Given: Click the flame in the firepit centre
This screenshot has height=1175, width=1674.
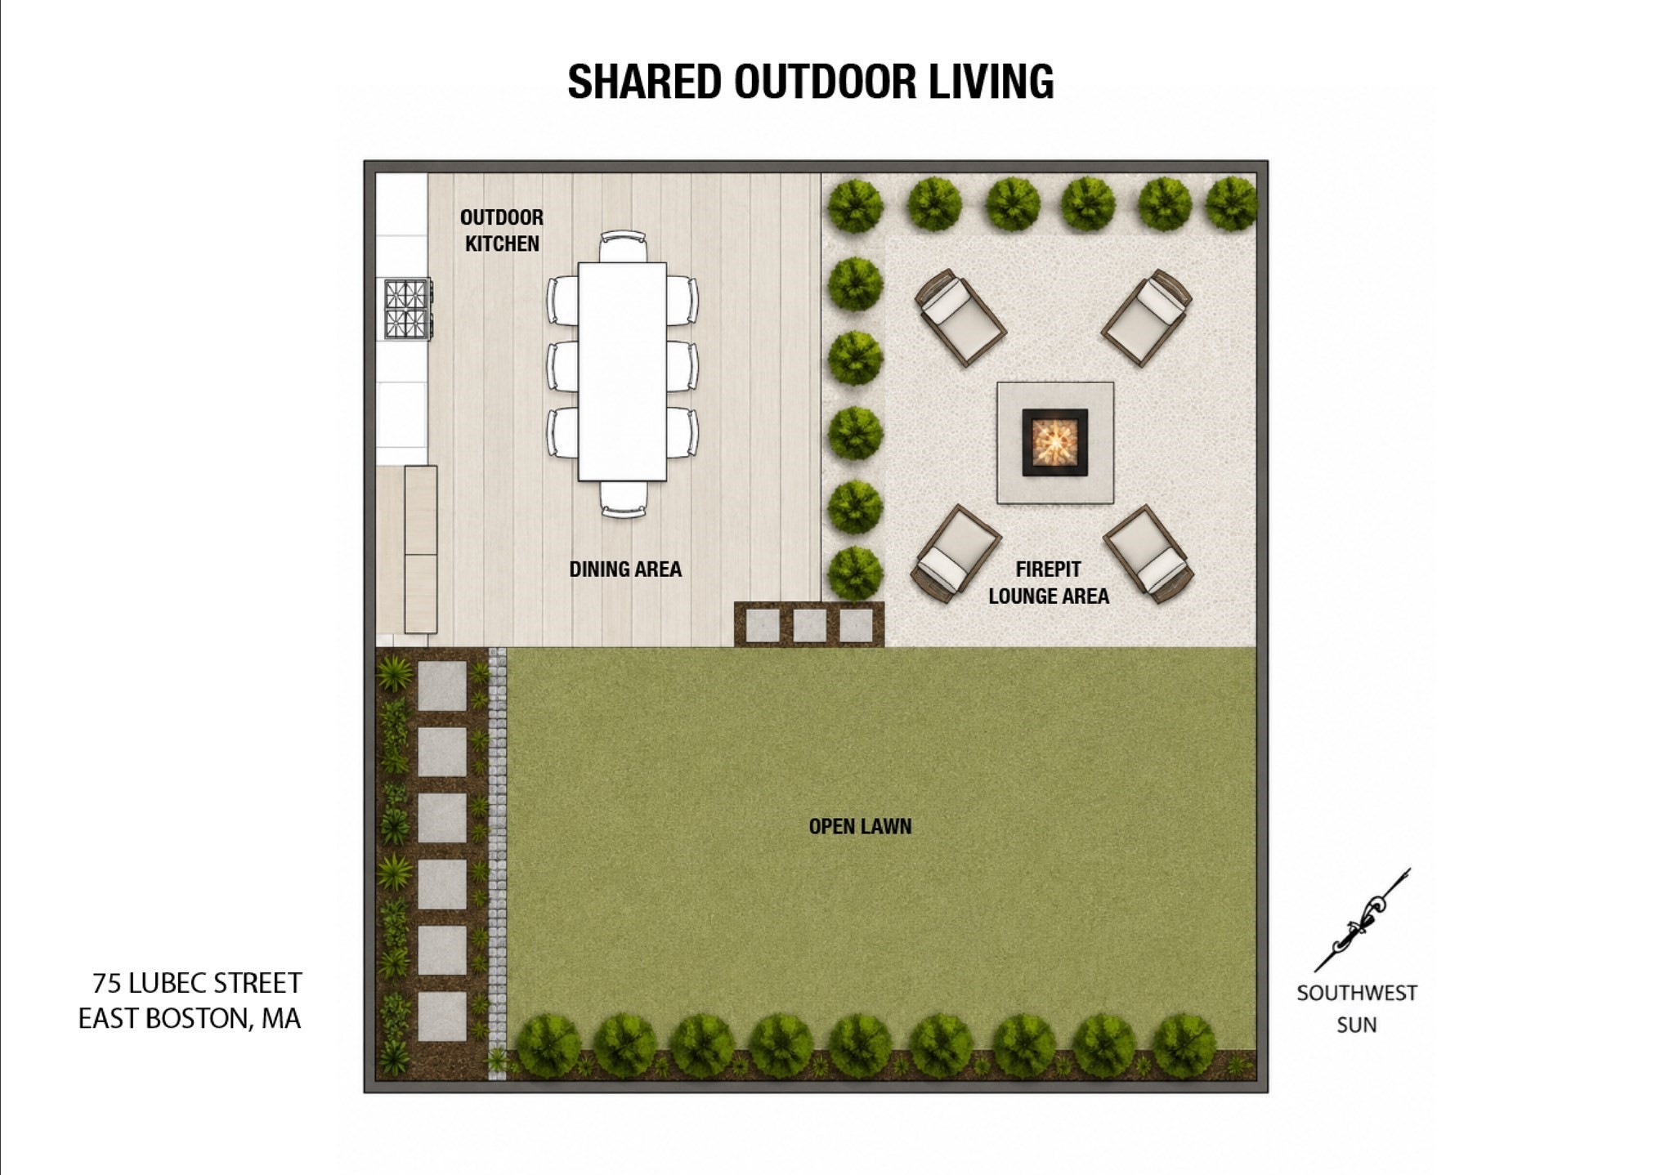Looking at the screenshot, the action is coord(1054,441).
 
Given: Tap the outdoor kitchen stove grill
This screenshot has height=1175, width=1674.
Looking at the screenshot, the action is coord(407,308).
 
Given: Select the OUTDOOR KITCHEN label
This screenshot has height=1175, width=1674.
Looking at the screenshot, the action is coord(502,230).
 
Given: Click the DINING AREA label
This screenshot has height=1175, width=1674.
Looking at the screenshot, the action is coord(625,569).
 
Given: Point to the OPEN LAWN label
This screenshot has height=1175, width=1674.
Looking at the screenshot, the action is coord(860,826).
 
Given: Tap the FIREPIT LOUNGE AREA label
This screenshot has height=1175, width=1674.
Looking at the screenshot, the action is coord(1049,583).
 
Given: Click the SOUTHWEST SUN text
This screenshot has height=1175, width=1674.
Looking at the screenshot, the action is coord(1357,1008).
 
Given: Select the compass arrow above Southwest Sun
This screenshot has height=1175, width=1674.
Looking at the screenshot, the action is coord(1362,920).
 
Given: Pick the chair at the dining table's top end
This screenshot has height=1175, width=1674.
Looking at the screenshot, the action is coord(623,246).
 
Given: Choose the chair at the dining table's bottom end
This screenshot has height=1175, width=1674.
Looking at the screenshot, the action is coord(624,499).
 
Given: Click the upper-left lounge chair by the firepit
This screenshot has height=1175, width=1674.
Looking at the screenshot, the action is coord(960,317).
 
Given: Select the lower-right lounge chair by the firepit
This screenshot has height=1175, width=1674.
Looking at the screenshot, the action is coord(1148,553).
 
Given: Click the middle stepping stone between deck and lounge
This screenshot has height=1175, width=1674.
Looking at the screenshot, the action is coord(809,626).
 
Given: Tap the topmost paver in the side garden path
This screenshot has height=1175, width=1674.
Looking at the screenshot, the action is coord(442,686).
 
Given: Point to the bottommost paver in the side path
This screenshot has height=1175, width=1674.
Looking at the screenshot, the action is coord(442,1016).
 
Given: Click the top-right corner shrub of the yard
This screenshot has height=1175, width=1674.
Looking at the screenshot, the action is coord(1231,203).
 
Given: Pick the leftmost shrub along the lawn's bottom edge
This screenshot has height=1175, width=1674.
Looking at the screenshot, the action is coord(548,1045).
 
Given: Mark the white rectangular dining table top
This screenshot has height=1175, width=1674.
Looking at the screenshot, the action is coord(622,371).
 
